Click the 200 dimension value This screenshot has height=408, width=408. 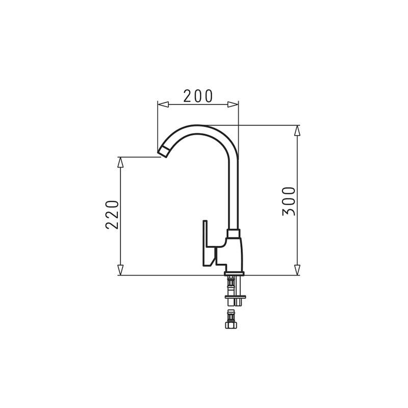click(x=198, y=96)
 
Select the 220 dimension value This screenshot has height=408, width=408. click(x=112, y=214)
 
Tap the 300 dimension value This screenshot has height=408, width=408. click(x=289, y=201)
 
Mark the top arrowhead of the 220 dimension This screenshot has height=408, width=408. click(x=120, y=162)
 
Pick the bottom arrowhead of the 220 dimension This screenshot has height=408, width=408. click(x=120, y=270)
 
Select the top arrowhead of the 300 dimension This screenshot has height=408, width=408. click(x=297, y=131)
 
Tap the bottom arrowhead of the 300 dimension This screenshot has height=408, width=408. click(x=297, y=270)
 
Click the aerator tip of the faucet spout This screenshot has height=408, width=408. click(x=163, y=151)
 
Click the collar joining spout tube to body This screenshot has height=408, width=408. click(x=233, y=234)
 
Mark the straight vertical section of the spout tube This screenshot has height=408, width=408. click(x=233, y=194)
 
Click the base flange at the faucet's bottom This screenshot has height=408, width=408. click(x=234, y=274)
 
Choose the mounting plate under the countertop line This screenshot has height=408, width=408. click(x=235, y=297)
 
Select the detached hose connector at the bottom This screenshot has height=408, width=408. click(x=231, y=320)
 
